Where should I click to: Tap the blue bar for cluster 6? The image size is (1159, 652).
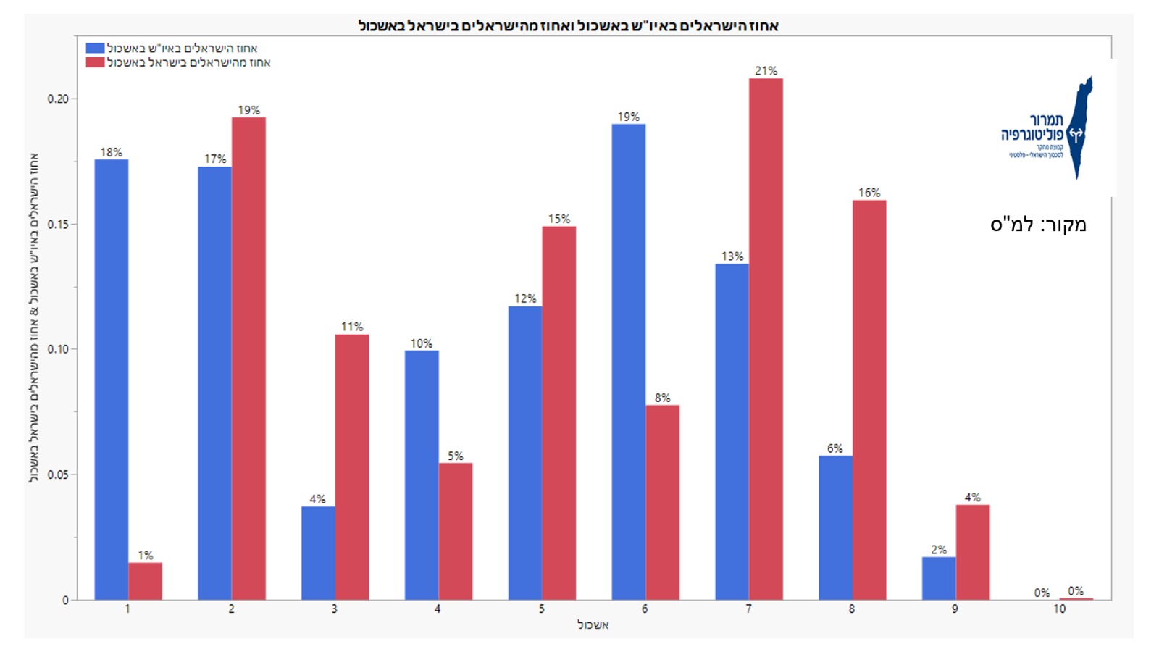pyautogui.click(x=629, y=361)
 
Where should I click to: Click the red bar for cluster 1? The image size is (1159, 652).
pyautogui.click(x=146, y=581)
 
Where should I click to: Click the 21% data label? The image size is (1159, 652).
pyautogui.click(x=766, y=71)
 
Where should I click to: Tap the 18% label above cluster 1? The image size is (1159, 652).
pyautogui.click(x=111, y=152)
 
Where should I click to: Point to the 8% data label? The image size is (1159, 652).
pyautogui.click(x=663, y=398)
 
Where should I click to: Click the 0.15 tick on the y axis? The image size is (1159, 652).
pyautogui.click(x=58, y=225)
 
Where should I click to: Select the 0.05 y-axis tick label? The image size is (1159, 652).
pyautogui.click(x=58, y=475)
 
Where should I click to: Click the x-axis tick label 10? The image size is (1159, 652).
pyautogui.click(x=1059, y=609)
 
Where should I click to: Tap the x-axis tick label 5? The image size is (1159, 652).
pyautogui.click(x=542, y=609)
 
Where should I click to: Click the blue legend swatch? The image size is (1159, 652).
pyautogui.click(x=95, y=49)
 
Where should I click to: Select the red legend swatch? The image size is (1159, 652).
pyautogui.click(x=95, y=62)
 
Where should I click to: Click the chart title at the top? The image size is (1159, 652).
pyautogui.click(x=569, y=26)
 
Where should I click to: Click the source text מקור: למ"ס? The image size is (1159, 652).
pyautogui.click(x=1038, y=225)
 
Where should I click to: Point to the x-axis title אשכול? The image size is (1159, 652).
pyautogui.click(x=593, y=624)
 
